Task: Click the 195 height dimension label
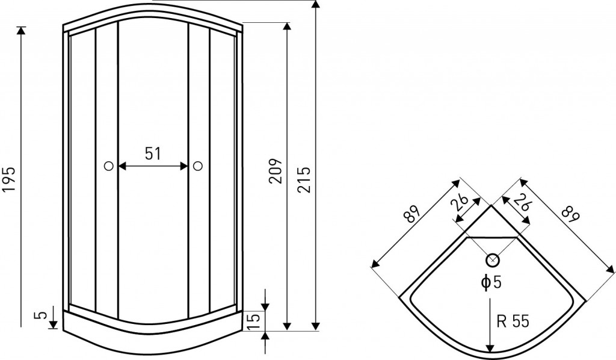pyautogui.click(x=9, y=179)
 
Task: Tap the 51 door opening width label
pyautogui.click(x=153, y=154)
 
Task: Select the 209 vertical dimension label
pyautogui.click(x=276, y=171)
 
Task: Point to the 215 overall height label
pyautogui.click(x=304, y=179)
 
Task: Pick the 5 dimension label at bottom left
pyautogui.click(x=43, y=315)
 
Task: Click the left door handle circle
pyautogui.click(x=109, y=166)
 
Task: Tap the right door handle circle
pyautogui.click(x=197, y=166)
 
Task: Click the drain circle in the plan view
pyautogui.click(x=493, y=260)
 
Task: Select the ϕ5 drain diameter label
pyautogui.click(x=491, y=282)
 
